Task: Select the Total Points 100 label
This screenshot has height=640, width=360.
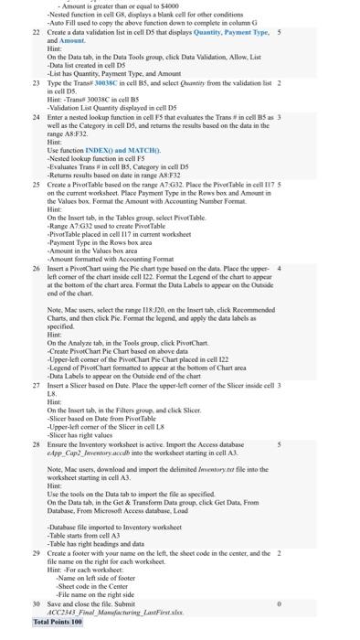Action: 57,622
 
